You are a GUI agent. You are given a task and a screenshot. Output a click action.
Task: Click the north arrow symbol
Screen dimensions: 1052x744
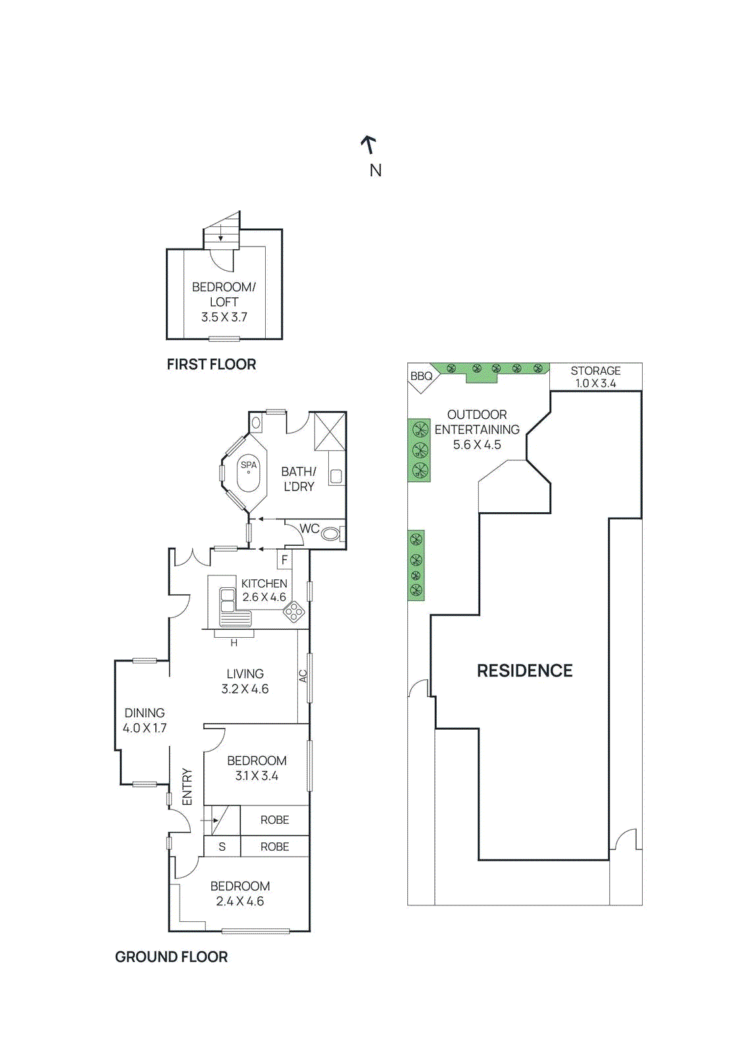pyautogui.click(x=368, y=144)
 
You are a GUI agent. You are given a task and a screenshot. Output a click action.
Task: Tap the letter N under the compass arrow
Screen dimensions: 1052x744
pyautogui.click(x=375, y=170)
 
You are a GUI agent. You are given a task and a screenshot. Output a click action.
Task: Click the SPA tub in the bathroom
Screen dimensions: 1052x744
pyautogui.click(x=249, y=473)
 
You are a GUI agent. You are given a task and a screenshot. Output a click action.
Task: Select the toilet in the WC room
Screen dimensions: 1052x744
pyautogui.click(x=330, y=534)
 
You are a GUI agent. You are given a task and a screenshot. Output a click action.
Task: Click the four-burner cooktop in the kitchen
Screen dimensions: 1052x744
pyautogui.click(x=294, y=613)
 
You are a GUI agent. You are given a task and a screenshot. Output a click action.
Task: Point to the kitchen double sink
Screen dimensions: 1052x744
pyautogui.click(x=228, y=600)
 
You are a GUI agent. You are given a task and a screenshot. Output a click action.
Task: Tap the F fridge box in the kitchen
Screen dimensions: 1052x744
pyautogui.click(x=284, y=560)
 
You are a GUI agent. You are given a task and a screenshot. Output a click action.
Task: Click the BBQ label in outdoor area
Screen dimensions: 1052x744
pyautogui.click(x=421, y=376)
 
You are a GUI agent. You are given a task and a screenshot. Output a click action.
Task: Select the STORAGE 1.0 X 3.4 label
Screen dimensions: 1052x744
pyautogui.click(x=595, y=377)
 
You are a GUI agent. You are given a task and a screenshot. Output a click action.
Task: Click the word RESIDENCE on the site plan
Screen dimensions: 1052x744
pyautogui.click(x=524, y=671)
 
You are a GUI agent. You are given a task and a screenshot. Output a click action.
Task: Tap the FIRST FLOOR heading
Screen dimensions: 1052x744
pyautogui.click(x=211, y=364)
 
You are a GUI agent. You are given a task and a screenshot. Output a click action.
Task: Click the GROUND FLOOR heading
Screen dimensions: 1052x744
pyautogui.click(x=171, y=957)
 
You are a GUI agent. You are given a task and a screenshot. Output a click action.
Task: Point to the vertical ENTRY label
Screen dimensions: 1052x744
pyautogui.click(x=187, y=786)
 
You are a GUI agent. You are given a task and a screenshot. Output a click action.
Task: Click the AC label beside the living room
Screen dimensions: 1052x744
pyautogui.click(x=303, y=675)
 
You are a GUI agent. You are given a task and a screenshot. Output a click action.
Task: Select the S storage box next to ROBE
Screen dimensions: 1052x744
pyautogui.click(x=222, y=847)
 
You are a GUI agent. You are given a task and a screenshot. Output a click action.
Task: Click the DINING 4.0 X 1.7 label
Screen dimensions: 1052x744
pyautogui.click(x=145, y=720)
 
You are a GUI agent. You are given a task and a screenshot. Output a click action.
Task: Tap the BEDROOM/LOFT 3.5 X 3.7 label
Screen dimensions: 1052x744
pyautogui.click(x=224, y=302)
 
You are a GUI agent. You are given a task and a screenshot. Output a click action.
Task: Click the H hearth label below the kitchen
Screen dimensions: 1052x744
pyautogui.click(x=234, y=643)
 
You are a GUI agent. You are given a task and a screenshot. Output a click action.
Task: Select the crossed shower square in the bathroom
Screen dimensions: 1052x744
pyautogui.click(x=330, y=431)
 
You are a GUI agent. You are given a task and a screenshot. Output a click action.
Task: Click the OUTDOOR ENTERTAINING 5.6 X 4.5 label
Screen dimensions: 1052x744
pyautogui.click(x=477, y=429)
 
